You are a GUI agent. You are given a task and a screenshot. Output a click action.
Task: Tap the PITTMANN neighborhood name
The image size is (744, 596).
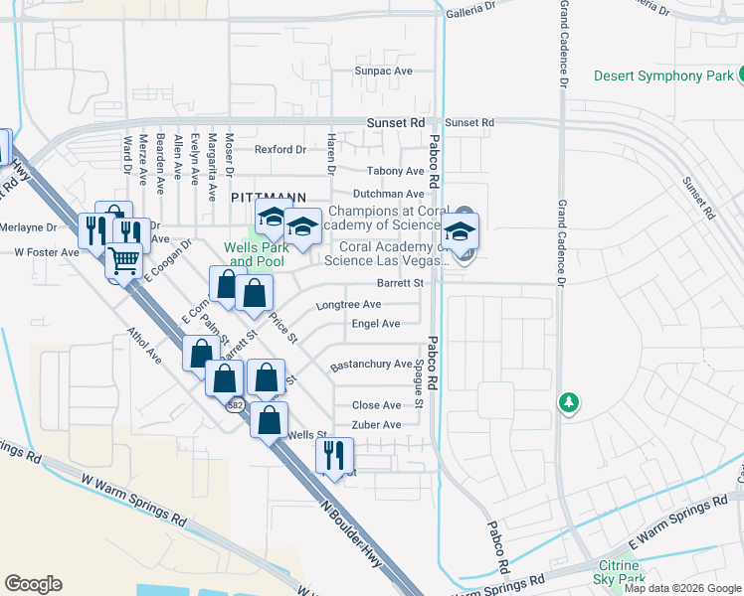pos(266,198)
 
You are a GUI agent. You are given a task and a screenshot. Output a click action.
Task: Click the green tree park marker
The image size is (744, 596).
pos(568,402)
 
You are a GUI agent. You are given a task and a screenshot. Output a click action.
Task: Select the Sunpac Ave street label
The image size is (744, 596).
pos(384,72)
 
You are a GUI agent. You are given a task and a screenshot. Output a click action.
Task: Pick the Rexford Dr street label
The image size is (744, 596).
pos(279,150)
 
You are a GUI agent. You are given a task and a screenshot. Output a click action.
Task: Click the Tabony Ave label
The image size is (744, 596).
pos(396,172)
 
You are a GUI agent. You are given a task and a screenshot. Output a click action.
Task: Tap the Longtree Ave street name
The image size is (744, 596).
pos(349,305)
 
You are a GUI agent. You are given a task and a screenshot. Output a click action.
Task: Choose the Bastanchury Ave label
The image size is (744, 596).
pos(371,365)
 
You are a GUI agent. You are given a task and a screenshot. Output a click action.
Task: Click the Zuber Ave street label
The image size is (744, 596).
pos(377,425)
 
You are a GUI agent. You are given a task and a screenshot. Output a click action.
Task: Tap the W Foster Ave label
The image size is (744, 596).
pos(47,253)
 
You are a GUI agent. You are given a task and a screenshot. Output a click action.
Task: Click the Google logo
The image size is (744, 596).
pos(33,584)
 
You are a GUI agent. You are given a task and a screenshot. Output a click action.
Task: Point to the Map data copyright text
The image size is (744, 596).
pos(682,588)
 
